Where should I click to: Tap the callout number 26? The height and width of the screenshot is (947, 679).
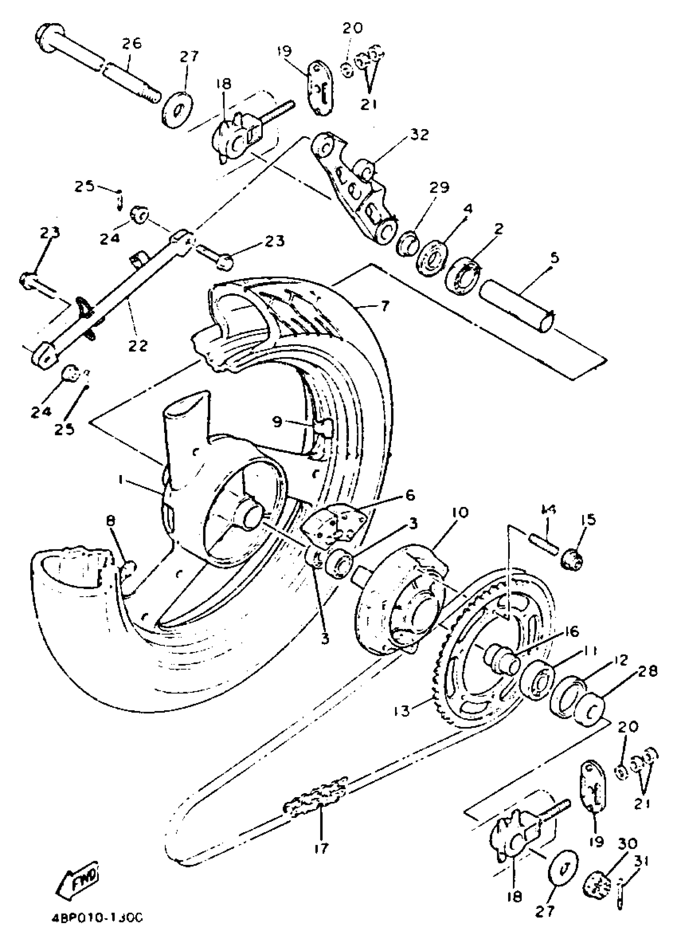[x=132, y=44]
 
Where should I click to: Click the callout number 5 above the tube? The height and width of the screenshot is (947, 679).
[x=554, y=258]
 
